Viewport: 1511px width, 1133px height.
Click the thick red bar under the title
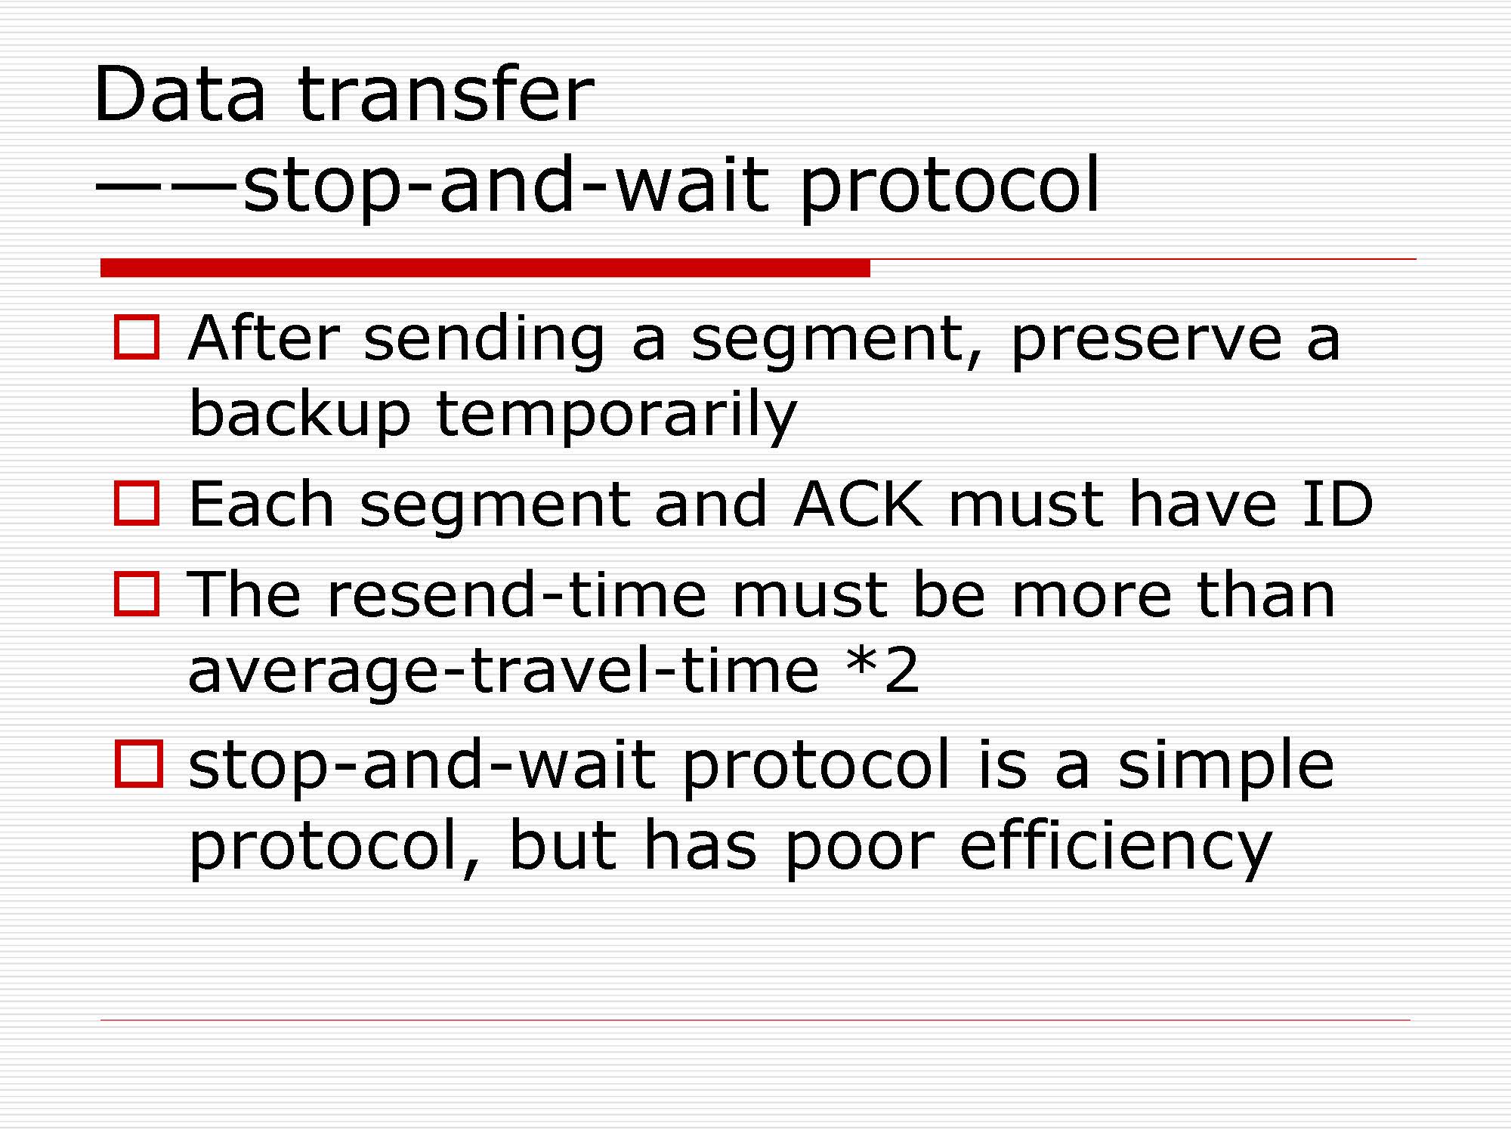pyautogui.click(x=485, y=267)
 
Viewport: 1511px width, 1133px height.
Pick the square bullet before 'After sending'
pyautogui.click(x=137, y=337)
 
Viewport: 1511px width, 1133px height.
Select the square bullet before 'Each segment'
pyautogui.click(x=137, y=503)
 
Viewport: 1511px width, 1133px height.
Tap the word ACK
pyautogui.click(x=858, y=504)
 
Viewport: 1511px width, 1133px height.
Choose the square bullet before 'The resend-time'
pyautogui.click(x=137, y=594)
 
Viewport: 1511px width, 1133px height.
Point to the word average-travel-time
pyautogui.click(x=503, y=670)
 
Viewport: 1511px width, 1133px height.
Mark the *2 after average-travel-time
pyautogui.click(x=883, y=668)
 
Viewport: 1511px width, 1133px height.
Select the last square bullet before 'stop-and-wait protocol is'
pyautogui.click(x=138, y=764)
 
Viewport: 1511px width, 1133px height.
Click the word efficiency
pyautogui.click(x=1116, y=844)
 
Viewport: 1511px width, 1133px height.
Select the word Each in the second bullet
pyautogui.click(x=261, y=504)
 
